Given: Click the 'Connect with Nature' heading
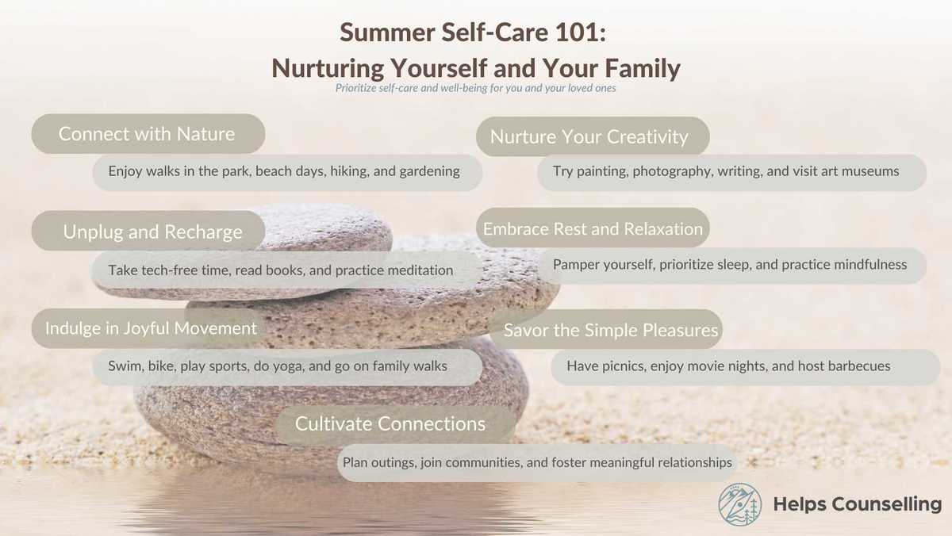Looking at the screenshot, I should pos(147,134).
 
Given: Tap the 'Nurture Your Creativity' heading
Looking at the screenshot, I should pos(589,137).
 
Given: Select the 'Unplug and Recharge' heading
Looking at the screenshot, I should pos(153,232).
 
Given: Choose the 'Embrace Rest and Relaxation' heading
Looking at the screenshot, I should pos(593,229).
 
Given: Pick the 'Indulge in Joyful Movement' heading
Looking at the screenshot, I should pos(151,328).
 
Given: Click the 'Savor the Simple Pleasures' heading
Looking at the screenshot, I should pos(611,330).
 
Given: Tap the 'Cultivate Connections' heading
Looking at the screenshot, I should pos(390,424).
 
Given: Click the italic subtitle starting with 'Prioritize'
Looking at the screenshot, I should pos(476,89).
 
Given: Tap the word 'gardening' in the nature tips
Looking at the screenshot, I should pos(429,171).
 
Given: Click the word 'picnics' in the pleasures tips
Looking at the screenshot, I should pos(624,366).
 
